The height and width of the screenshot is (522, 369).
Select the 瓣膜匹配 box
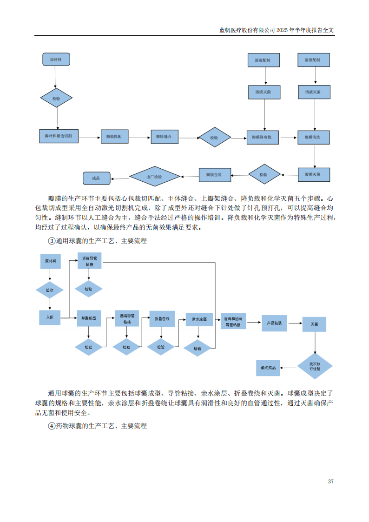pyautogui.click(x=114, y=137)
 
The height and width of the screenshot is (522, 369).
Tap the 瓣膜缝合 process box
pyautogui.click(x=164, y=137)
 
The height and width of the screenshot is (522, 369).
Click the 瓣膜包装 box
pyautogui.click(x=214, y=175)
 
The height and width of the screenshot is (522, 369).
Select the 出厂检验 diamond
pyautogui.click(x=154, y=177)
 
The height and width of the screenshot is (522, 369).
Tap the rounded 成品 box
pyautogui.click(x=96, y=178)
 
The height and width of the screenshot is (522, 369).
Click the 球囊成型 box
pyautogui.click(x=88, y=318)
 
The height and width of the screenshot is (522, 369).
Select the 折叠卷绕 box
pyautogui.click(x=162, y=319)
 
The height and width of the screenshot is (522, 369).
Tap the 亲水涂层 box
pyautogui.click(x=199, y=320)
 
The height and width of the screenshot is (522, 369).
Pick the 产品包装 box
pyautogui.click(x=274, y=323)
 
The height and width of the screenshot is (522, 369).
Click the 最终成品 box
pyautogui.click(x=268, y=368)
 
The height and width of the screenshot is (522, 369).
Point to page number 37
pyautogui.click(x=330, y=481)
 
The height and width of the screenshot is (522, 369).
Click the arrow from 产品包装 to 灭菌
pyautogui.click(x=295, y=323)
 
